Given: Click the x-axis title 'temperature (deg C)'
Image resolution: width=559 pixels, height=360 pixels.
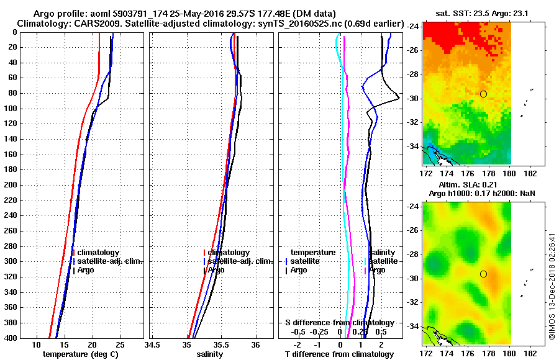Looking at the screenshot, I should tap(80, 354).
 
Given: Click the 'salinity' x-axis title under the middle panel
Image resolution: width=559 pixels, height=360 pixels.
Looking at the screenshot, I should tap(209, 354).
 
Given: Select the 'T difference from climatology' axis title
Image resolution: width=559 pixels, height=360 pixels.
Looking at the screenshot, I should tap(339, 354).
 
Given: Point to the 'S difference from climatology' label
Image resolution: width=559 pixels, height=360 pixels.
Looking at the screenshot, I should tap(339, 323).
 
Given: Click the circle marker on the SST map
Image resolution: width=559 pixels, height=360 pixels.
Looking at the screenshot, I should tap(483, 94).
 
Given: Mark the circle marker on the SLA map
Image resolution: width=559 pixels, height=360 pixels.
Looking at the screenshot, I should tap(483, 274).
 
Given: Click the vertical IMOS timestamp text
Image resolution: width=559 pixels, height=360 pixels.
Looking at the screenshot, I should tap(551, 286).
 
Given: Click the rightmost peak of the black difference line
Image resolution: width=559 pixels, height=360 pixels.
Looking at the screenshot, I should tap(399, 99).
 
